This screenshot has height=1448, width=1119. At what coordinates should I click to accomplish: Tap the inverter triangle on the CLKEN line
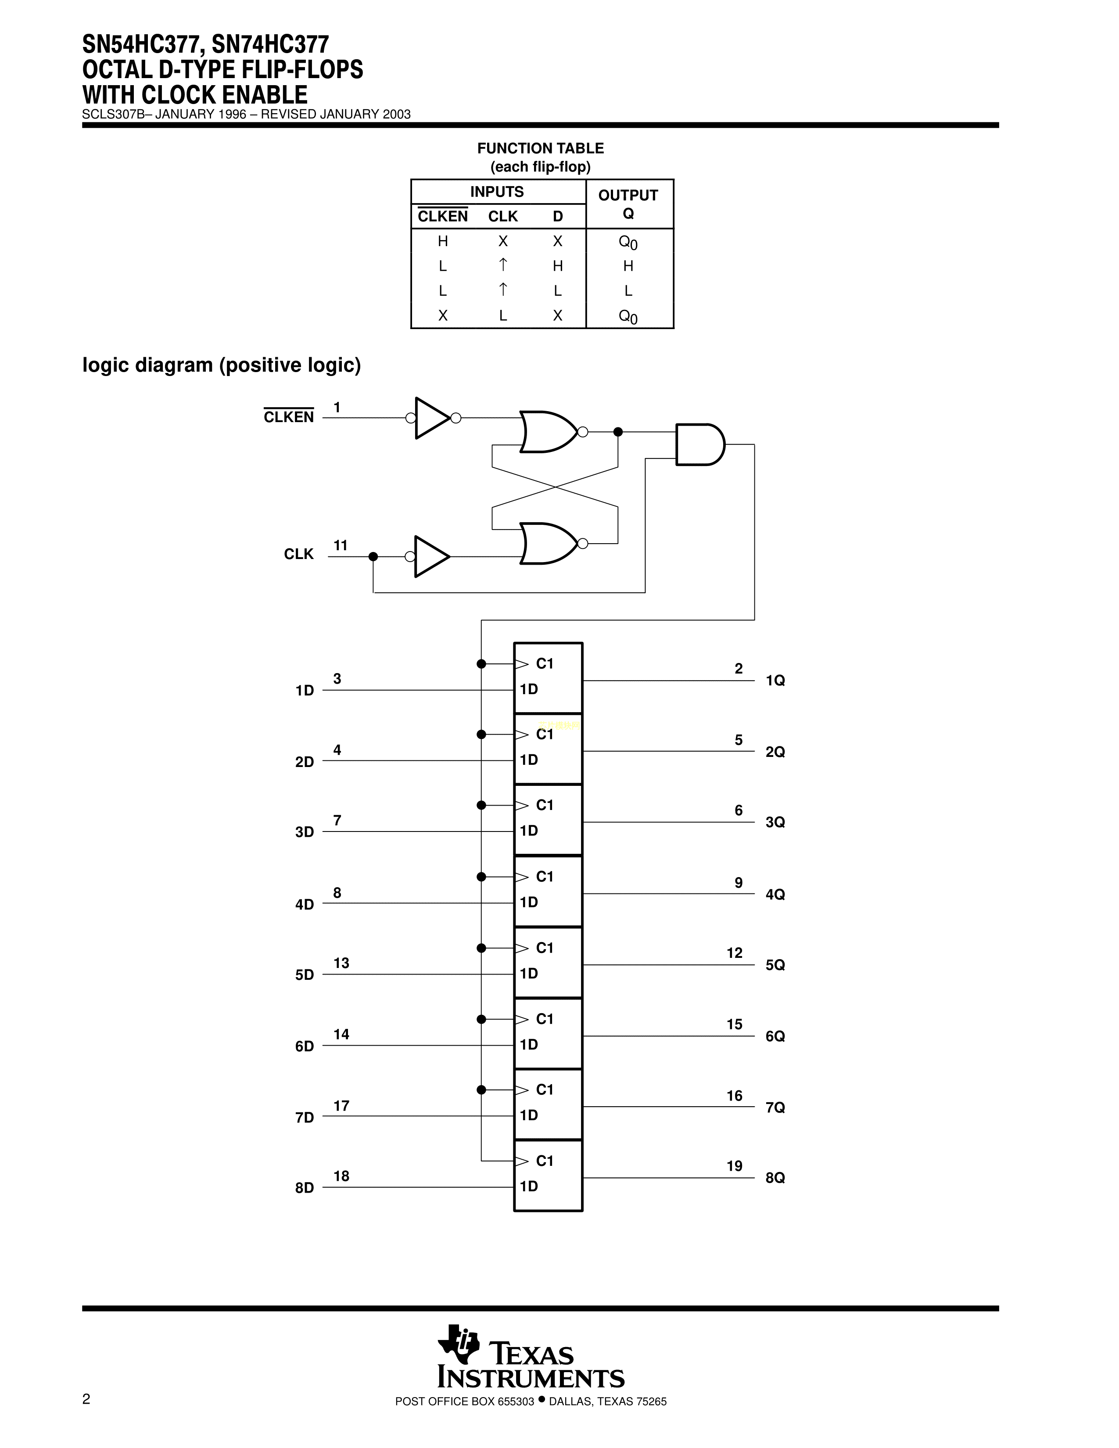click(431, 418)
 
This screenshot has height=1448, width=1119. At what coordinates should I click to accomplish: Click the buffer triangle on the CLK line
click(431, 556)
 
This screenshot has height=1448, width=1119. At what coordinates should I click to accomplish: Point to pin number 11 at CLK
click(340, 545)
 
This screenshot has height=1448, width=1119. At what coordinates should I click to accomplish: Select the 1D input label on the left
click(304, 691)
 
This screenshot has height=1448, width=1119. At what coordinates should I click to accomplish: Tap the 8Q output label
click(775, 1178)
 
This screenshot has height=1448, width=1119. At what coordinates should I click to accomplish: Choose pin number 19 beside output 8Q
click(734, 1165)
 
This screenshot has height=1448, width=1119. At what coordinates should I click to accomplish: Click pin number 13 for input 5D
click(341, 963)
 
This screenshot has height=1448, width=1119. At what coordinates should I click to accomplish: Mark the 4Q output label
click(775, 894)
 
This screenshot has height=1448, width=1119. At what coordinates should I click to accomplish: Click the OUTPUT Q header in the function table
click(628, 204)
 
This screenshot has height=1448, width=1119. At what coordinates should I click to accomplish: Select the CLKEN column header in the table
click(442, 216)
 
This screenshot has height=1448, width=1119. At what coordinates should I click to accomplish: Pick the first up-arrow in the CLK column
click(503, 265)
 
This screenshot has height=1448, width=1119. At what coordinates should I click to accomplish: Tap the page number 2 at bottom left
click(86, 1399)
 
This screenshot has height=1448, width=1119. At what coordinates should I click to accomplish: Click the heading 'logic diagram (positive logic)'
click(222, 365)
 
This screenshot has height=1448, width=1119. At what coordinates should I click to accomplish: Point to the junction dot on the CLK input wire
click(373, 556)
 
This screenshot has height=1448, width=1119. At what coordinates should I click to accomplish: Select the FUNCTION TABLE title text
click(540, 148)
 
